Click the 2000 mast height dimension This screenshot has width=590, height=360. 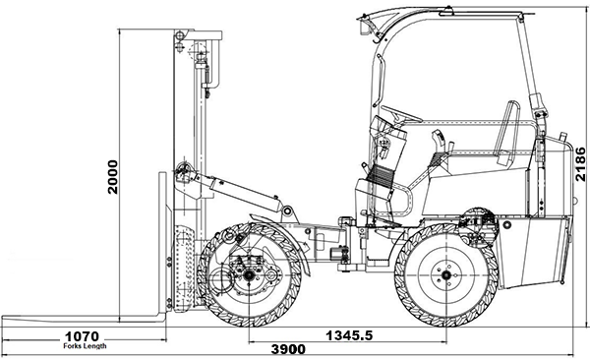point(112,177)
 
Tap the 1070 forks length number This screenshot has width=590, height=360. point(82,336)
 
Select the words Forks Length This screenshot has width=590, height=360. point(85,346)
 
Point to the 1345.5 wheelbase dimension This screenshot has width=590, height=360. point(349,334)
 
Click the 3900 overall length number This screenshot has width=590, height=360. point(288,349)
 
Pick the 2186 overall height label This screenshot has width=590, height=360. point(580,164)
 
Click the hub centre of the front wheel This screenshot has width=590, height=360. point(249,275)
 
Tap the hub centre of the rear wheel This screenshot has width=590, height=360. point(446,275)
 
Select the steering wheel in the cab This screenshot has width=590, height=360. point(401,113)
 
